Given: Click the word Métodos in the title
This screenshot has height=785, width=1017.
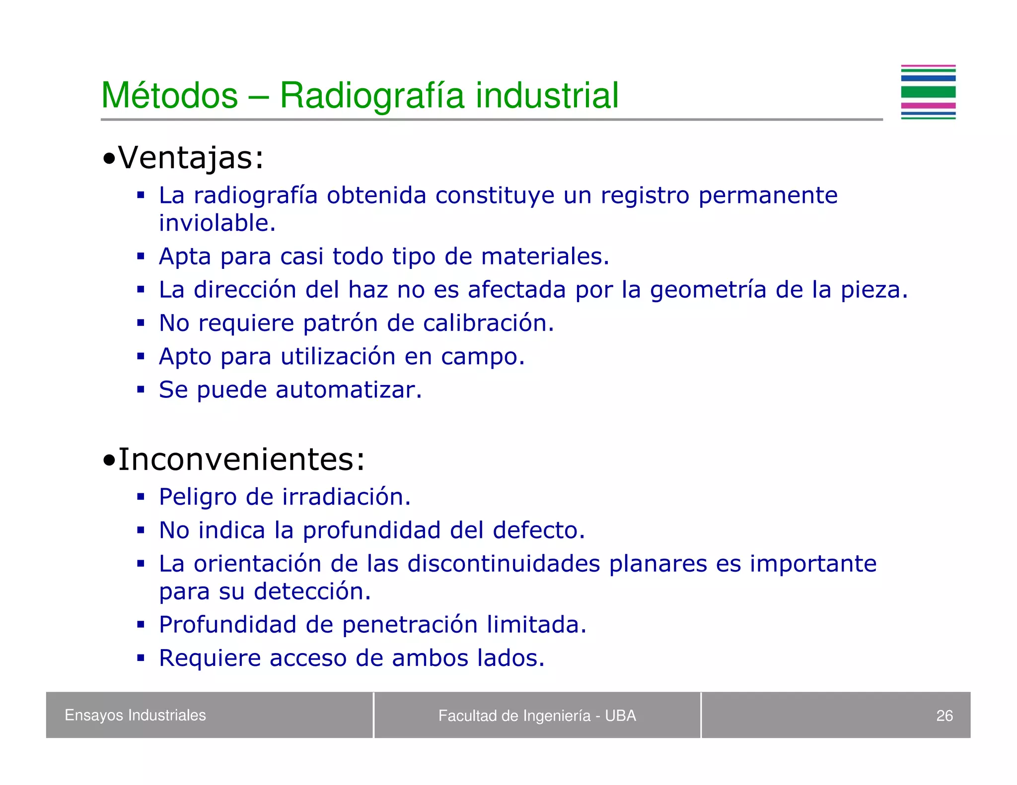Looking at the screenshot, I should point(169,95).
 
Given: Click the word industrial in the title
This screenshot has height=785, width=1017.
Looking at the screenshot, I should point(547,95).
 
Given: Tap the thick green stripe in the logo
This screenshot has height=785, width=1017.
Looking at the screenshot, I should point(928,92).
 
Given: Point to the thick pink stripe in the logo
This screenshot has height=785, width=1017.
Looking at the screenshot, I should point(928,106).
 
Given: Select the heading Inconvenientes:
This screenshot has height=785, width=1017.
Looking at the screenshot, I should point(233,459).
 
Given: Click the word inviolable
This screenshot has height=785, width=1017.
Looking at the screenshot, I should point(217,223).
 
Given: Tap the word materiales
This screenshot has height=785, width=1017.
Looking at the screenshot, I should point(544,257).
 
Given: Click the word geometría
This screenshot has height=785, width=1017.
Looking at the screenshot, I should point(708,290).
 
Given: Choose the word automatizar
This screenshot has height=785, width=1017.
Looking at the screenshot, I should point(348,390).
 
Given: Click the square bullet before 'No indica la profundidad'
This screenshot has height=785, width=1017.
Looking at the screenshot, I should point(141,530).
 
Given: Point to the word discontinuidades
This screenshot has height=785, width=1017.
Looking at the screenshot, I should point(504,564).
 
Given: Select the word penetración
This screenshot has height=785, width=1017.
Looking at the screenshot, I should point(410,625).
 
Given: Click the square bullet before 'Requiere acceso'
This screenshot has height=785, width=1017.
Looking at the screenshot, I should point(141,658).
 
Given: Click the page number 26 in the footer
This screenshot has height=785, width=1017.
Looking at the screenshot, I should point(944,716).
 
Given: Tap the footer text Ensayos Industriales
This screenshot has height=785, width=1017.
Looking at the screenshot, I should point(135,715).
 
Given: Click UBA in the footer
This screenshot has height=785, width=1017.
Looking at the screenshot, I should point(620,716).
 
